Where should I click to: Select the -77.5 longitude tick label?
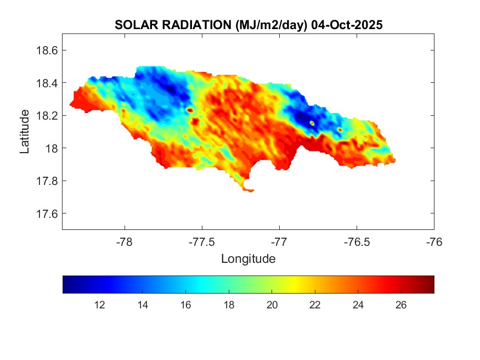point(202,241)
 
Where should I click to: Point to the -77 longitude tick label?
point(279,241)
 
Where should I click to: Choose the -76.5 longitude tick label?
point(357,241)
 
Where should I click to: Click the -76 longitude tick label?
point(434,241)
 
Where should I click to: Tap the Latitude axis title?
point(25,132)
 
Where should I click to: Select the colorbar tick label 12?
point(100,305)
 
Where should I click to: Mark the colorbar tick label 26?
point(400,305)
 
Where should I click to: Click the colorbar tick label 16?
point(185,305)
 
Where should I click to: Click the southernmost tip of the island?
point(250,191)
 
